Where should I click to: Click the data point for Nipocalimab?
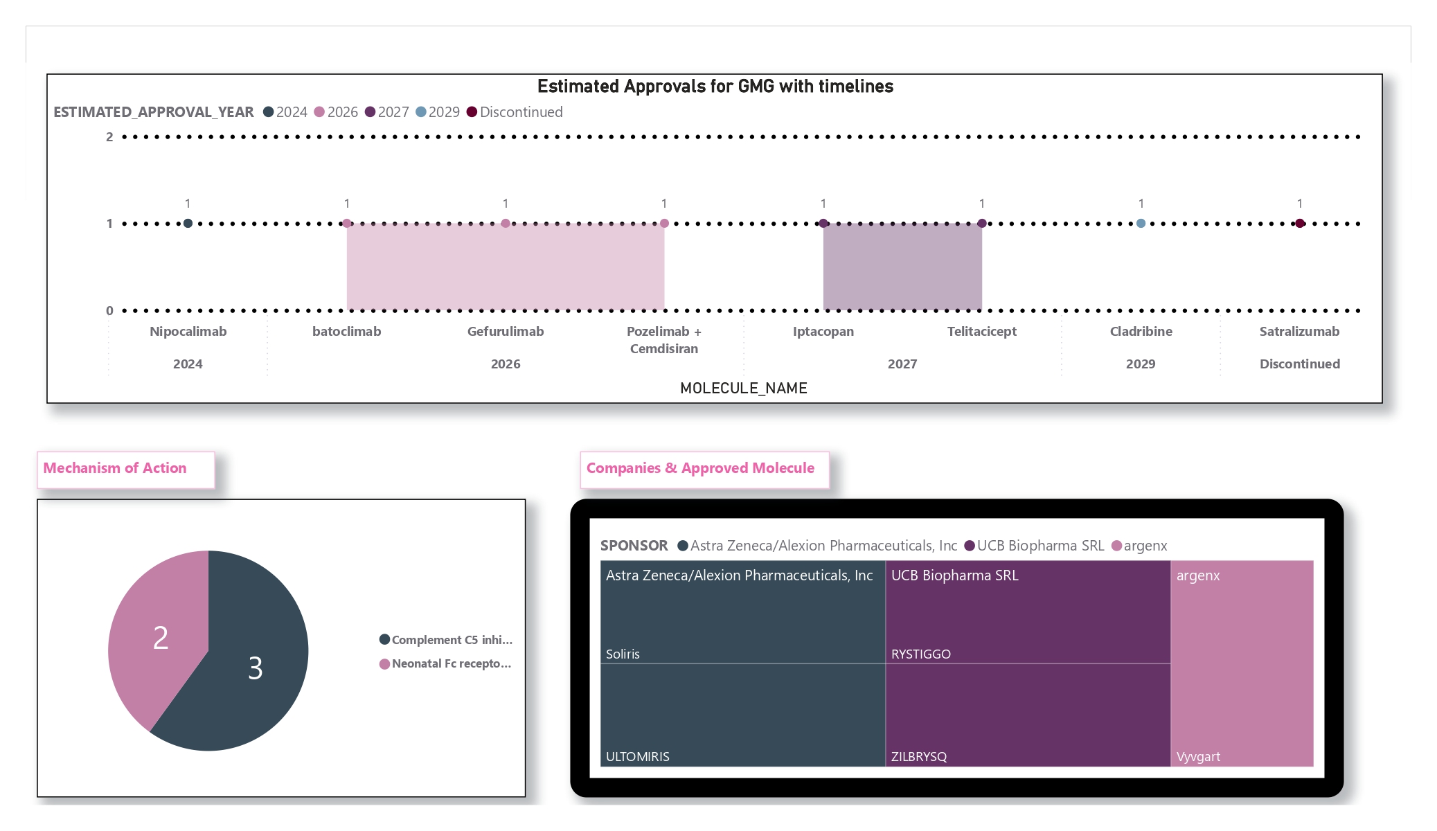click(x=188, y=223)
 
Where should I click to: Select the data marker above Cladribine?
click(x=1141, y=223)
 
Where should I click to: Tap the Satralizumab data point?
click(x=1300, y=223)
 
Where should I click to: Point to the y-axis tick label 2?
click(x=109, y=137)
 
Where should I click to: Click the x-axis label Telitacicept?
click(x=981, y=332)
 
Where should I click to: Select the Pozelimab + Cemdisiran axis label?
click(x=663, y=340)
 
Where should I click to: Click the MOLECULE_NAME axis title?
click(x=743, y=388)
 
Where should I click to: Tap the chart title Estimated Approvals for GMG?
click(x=715, y=87)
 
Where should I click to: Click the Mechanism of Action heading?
click(x=115, y=468)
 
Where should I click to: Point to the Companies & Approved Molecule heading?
click(x=700, y=468)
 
